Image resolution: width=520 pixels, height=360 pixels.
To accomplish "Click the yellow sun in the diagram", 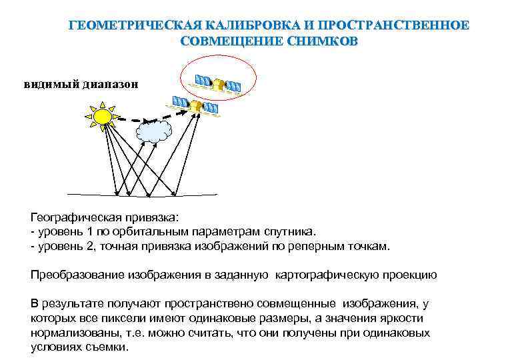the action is (102, 117).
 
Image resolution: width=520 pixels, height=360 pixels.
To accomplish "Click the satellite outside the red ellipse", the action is (196, 105).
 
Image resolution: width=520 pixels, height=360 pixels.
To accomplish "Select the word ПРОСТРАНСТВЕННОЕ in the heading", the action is (393, 26).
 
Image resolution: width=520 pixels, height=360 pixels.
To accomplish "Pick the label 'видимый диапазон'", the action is (82, 84).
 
